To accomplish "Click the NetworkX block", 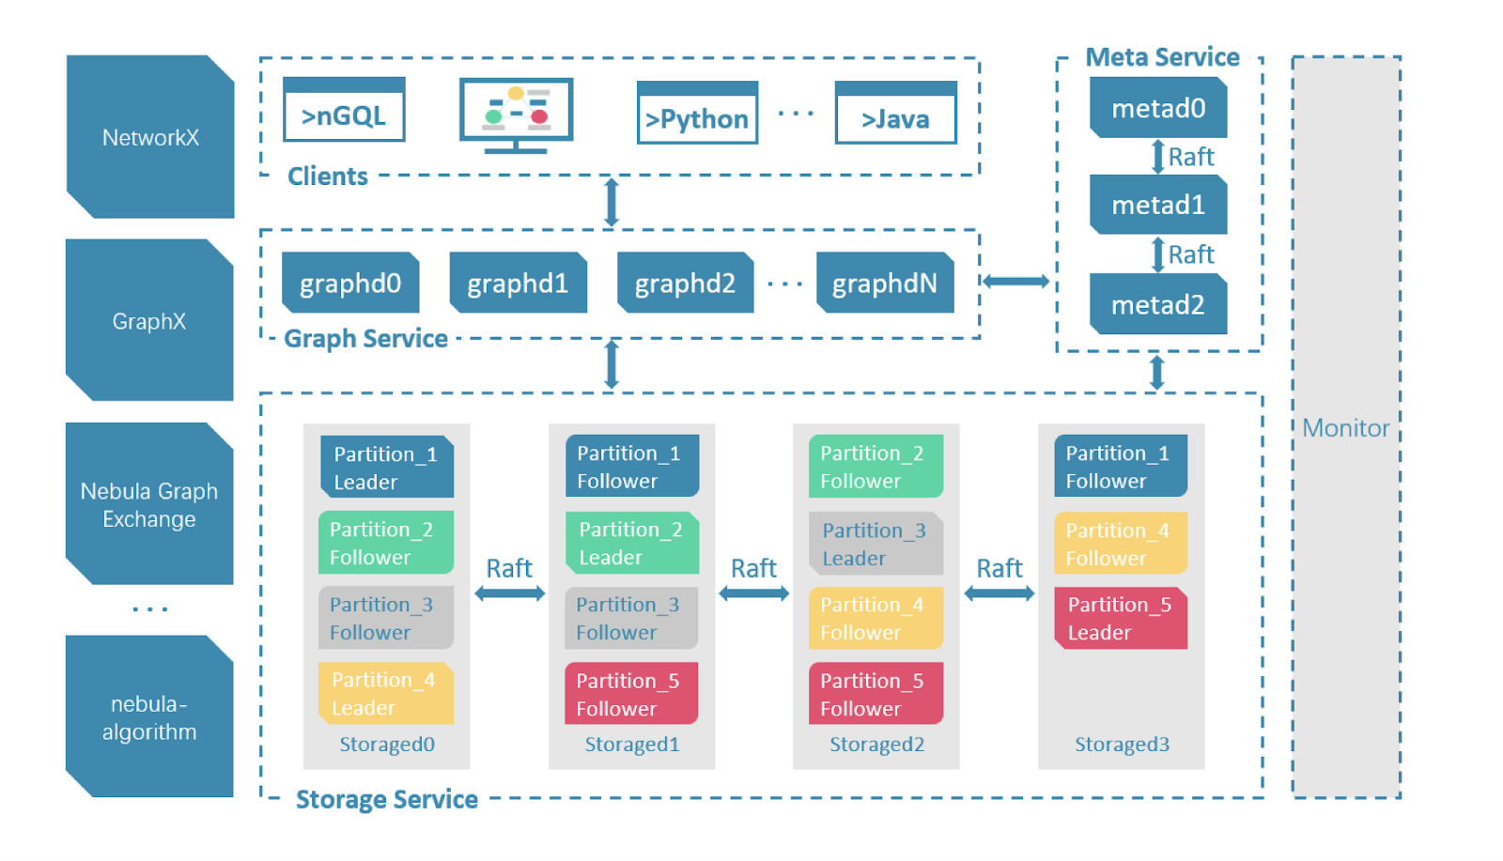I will click(150, 137).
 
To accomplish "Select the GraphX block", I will click(149, 320).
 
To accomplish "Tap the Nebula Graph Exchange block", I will click(149, 504).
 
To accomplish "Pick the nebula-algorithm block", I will click(149, 717).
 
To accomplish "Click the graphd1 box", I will click(518, 283).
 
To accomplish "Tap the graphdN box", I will click(884, 283).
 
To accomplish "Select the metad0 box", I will click(1158, 108).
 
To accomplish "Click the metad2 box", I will click(1158, 304).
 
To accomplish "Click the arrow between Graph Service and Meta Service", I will click(1015, 281).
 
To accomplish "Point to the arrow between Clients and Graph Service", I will click(612, 202).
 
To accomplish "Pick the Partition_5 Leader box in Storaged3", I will click(1120, 618).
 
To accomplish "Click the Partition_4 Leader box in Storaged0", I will click(386, 693).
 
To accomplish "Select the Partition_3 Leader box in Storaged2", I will click(875, 544).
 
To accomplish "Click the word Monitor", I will click(1345, 428).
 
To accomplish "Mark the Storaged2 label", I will click(876, 745).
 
